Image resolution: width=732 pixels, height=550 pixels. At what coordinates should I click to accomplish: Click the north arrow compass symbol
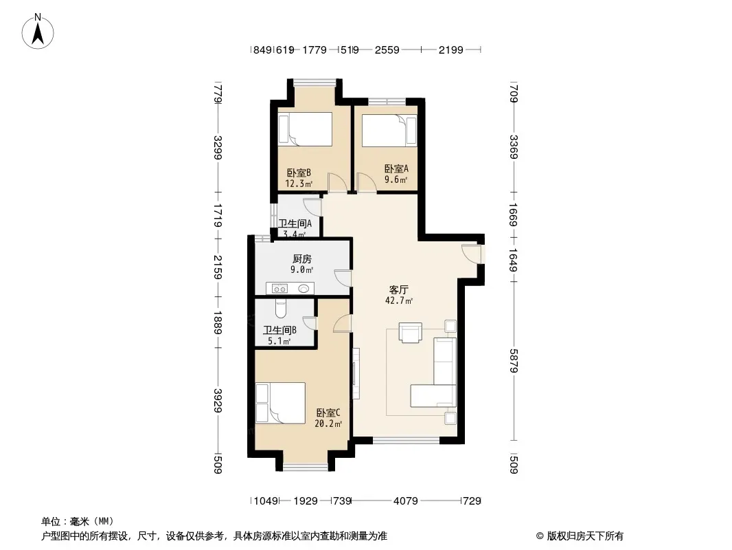pos(38,32)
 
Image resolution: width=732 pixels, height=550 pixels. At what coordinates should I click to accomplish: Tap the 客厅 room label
pos(399,289)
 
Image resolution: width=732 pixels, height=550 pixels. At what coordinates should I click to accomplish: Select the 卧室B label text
pos(299,173)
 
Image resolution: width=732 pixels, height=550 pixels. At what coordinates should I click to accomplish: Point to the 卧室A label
pos(396,168)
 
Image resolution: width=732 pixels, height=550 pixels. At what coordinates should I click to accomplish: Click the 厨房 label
pos(302,259)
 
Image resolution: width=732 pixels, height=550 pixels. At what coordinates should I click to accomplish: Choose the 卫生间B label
pos(279,331)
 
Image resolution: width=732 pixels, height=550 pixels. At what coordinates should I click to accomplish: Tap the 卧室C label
pos(328,413)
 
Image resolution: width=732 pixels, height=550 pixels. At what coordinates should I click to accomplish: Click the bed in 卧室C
pos(280,403)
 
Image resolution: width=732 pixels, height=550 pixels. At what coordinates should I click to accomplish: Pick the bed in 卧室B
pos(306,129)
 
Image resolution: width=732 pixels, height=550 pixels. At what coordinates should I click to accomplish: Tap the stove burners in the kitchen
pos(279,289)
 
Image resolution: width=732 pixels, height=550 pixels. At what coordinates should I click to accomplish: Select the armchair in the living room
pos(411,333)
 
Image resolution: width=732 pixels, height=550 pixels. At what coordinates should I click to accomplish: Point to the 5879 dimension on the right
pos(514,361)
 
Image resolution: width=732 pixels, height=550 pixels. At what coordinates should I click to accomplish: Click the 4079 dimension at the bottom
pos(406,501)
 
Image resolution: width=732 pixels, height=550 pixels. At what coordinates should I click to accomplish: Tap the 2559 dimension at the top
pos(387,50)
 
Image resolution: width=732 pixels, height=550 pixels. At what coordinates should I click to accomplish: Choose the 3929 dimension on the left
pos(217,400)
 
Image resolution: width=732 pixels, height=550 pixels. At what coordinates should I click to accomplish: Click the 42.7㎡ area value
pos(399,301)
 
